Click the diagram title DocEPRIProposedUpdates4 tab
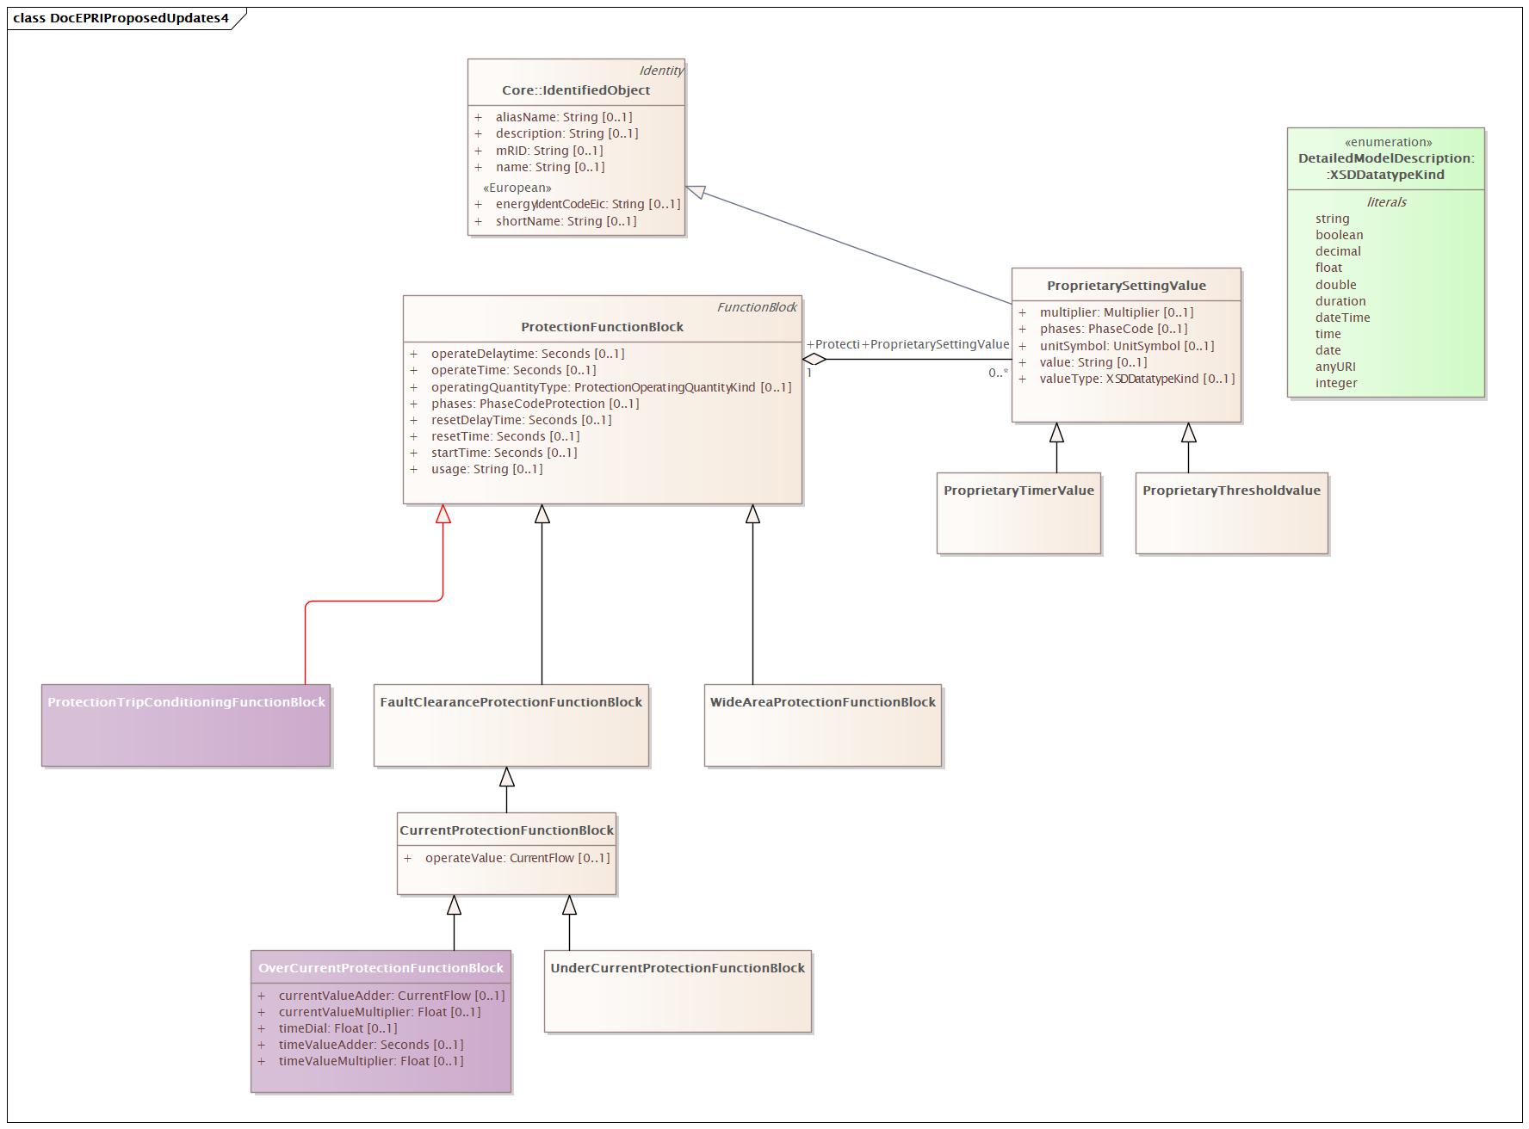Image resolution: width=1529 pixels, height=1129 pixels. pos(121,18)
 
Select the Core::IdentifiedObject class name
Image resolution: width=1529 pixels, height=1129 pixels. pos(576,90)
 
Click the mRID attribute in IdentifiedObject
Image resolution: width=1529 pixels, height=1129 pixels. pos(548,151)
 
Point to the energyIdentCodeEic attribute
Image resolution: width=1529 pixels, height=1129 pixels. pos(587,204)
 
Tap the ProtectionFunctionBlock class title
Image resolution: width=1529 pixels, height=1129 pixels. pos(602,327)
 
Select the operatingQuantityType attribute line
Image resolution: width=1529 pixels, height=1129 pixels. pos(610,387)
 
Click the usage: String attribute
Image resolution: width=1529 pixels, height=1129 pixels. pos(486,469)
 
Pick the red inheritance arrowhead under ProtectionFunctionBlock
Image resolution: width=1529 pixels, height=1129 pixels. pos(443,514)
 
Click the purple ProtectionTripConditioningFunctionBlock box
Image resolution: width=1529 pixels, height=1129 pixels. pos(186,725)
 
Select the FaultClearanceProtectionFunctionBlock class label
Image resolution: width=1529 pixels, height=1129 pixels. pos(511,702)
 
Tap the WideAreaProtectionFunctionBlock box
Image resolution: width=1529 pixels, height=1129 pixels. pos(822,725)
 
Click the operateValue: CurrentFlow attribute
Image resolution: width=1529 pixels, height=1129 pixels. pos(517,858)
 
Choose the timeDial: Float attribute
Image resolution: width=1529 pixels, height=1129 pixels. pos(337,1028)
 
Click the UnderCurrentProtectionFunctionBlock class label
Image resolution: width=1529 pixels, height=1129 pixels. pos(678,968)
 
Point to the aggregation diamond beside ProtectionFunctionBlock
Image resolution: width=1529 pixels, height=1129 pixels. pos(814,360)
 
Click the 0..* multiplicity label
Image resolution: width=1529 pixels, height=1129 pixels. pos(998,373)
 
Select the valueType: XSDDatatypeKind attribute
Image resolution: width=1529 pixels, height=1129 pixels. pos(1136,379)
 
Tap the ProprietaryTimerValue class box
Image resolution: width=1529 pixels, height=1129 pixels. pos(1018,513)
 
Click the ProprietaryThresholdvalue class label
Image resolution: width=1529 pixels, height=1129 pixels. pos(1231,490)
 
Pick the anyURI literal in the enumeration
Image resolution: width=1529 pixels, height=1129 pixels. pos(1335,367)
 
